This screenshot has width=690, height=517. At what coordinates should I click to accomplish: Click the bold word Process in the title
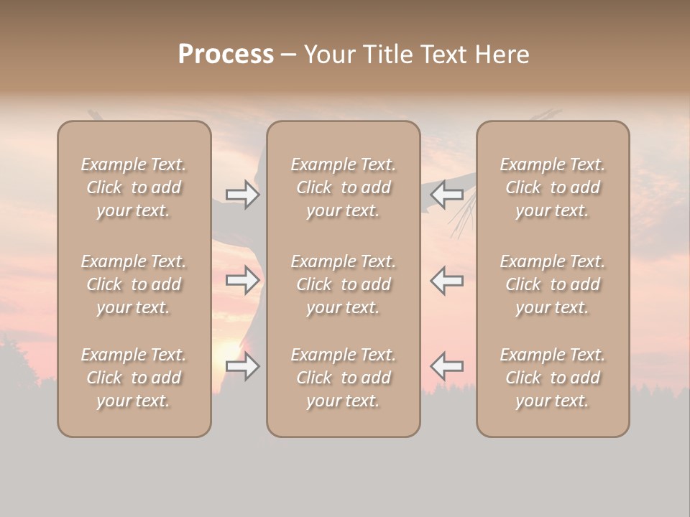[226, 54]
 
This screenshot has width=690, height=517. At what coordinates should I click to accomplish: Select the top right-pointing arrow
[242, 195]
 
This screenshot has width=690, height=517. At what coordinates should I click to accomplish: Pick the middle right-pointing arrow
[242, 280]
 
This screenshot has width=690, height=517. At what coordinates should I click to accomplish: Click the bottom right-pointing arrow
[242, 367]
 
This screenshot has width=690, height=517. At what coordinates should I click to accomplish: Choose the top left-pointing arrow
[447, 193]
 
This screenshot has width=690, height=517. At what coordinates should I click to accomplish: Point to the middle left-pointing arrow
[447, 280]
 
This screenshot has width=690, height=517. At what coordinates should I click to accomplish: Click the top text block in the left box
[134, 187]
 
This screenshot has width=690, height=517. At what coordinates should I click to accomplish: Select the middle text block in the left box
[134, 284]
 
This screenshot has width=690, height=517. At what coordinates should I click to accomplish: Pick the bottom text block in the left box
[134, 378]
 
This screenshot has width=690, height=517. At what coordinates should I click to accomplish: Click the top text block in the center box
[344, 187]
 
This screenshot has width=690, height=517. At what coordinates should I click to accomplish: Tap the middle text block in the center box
[344, 284]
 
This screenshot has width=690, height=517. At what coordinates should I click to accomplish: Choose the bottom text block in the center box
[344, 378]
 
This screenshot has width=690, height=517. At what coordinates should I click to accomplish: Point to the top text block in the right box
[553, 187]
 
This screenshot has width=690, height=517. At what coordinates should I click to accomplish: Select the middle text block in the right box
[553, 284]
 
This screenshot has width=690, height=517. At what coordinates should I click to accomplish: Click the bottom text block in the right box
[553, 378]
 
